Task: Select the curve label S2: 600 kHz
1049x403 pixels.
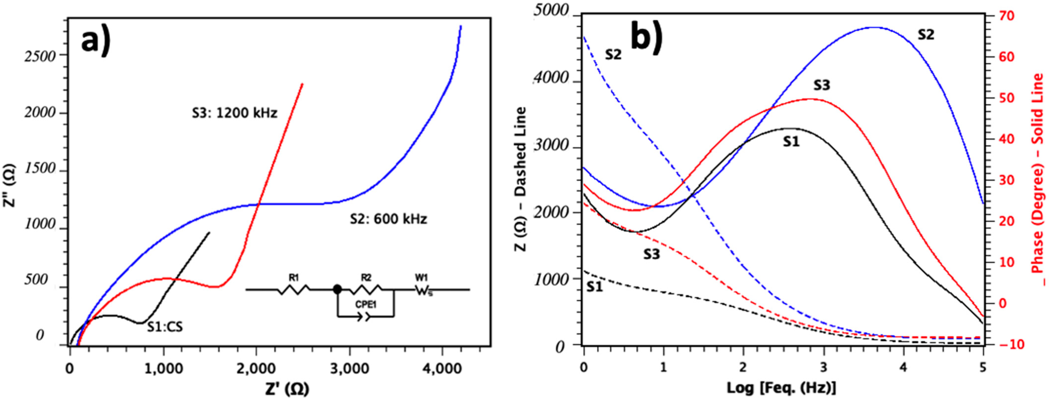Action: click(x=388, y=219)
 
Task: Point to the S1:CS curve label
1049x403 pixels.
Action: click(x=165, y=327)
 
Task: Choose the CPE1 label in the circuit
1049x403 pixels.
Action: click(x=366, y=303)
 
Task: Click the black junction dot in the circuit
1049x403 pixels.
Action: click(x=337, y=289)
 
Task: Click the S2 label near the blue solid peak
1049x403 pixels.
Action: click(x=926, y=35)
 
